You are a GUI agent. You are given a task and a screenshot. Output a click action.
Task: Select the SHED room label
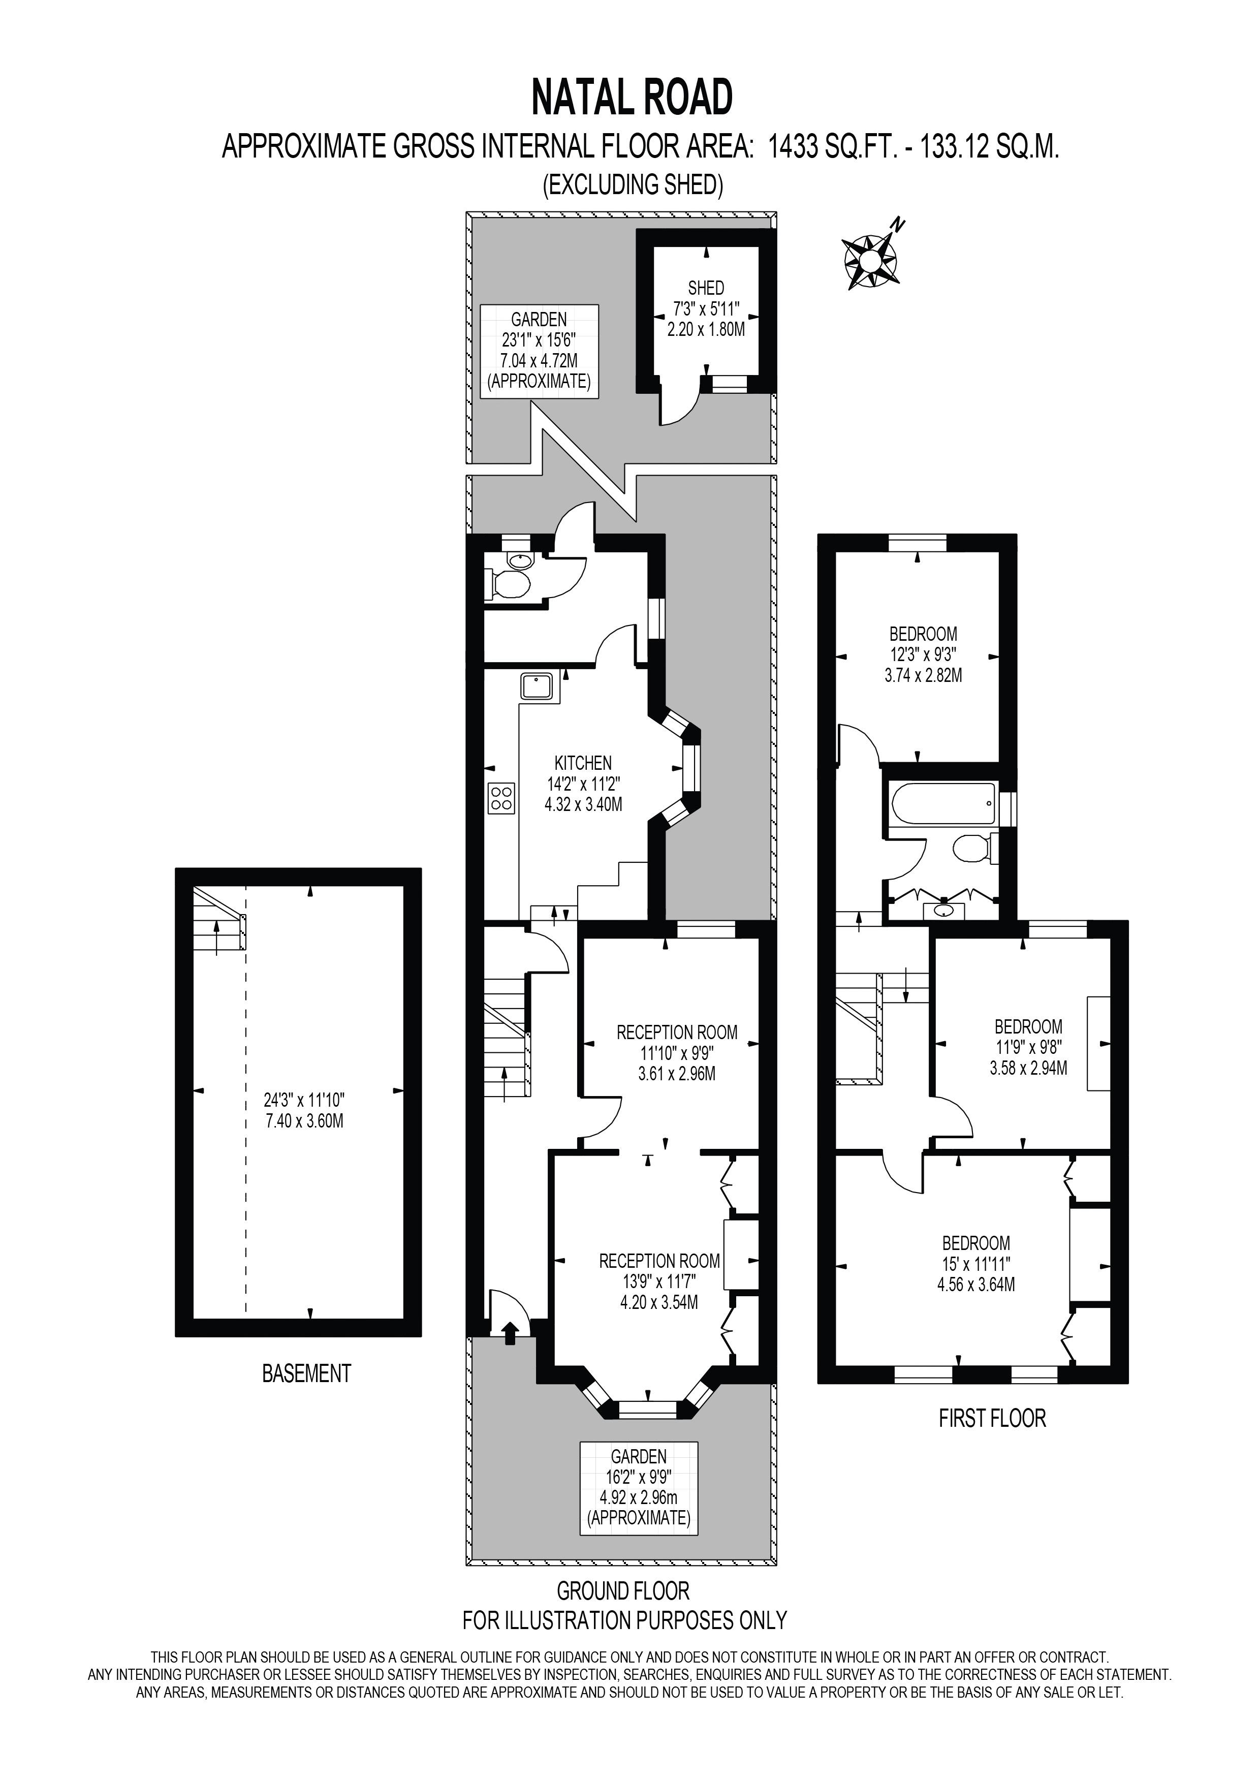[x=706, y=288]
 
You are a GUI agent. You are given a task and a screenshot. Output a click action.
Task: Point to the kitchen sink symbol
[x=538, y=687]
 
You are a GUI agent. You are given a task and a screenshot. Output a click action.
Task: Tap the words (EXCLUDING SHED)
[x=633, y=185]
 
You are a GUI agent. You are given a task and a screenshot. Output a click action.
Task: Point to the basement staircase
[x=219, y=921]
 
